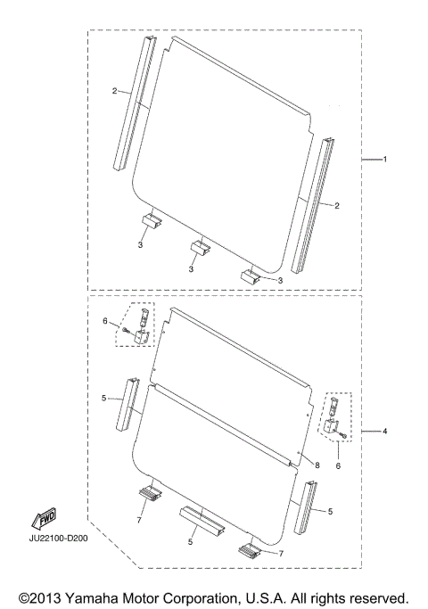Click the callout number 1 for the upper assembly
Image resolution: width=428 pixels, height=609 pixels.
(385, 160)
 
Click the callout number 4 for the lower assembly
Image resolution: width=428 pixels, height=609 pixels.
(385, 432)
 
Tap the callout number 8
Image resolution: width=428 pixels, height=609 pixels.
(317, 465)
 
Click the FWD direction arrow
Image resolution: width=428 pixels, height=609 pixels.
(45, 517)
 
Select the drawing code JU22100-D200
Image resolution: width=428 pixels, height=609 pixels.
(58, 539)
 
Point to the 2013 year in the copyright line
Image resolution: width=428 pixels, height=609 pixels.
(44, 598)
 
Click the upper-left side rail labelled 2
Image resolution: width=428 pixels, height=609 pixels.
(135, 103)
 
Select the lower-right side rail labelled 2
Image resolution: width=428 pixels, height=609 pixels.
(313, 206)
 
